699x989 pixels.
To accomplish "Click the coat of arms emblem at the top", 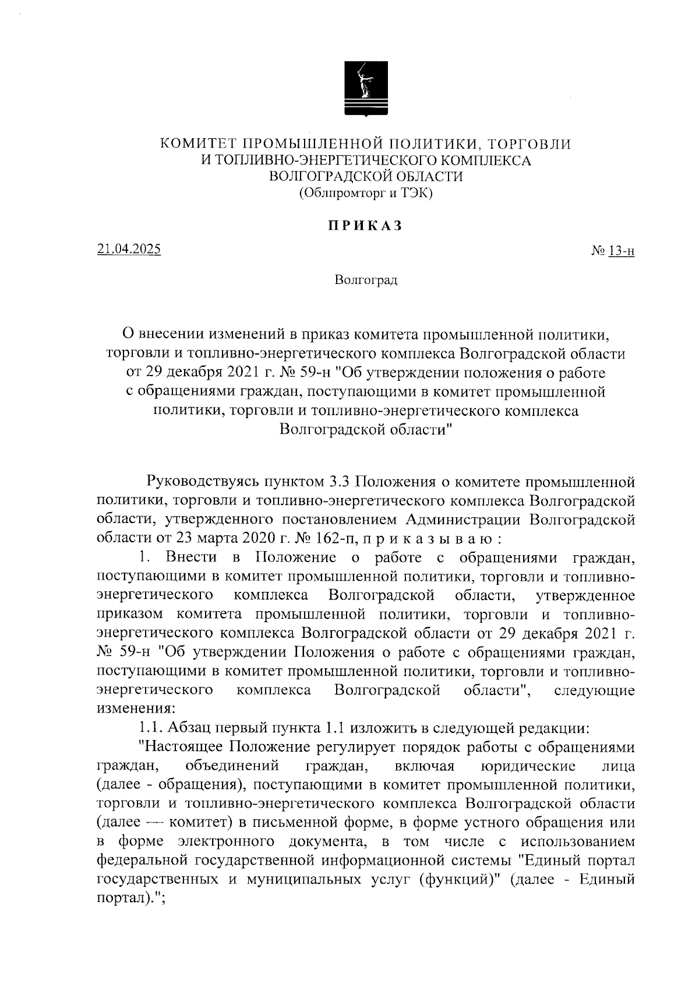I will click(366, 88).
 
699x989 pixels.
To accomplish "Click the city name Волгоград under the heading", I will click(366, 280).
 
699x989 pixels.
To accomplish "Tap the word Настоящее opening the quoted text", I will click(184, 747).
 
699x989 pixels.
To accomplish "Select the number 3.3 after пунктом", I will click(339, 482).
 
